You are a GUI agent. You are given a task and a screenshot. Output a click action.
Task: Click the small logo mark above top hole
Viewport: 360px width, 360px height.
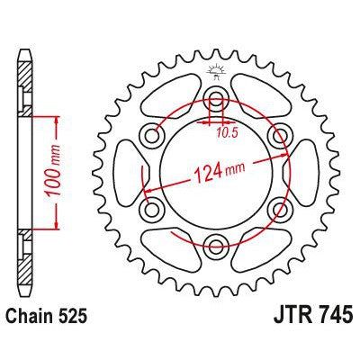tap(216, 70)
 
